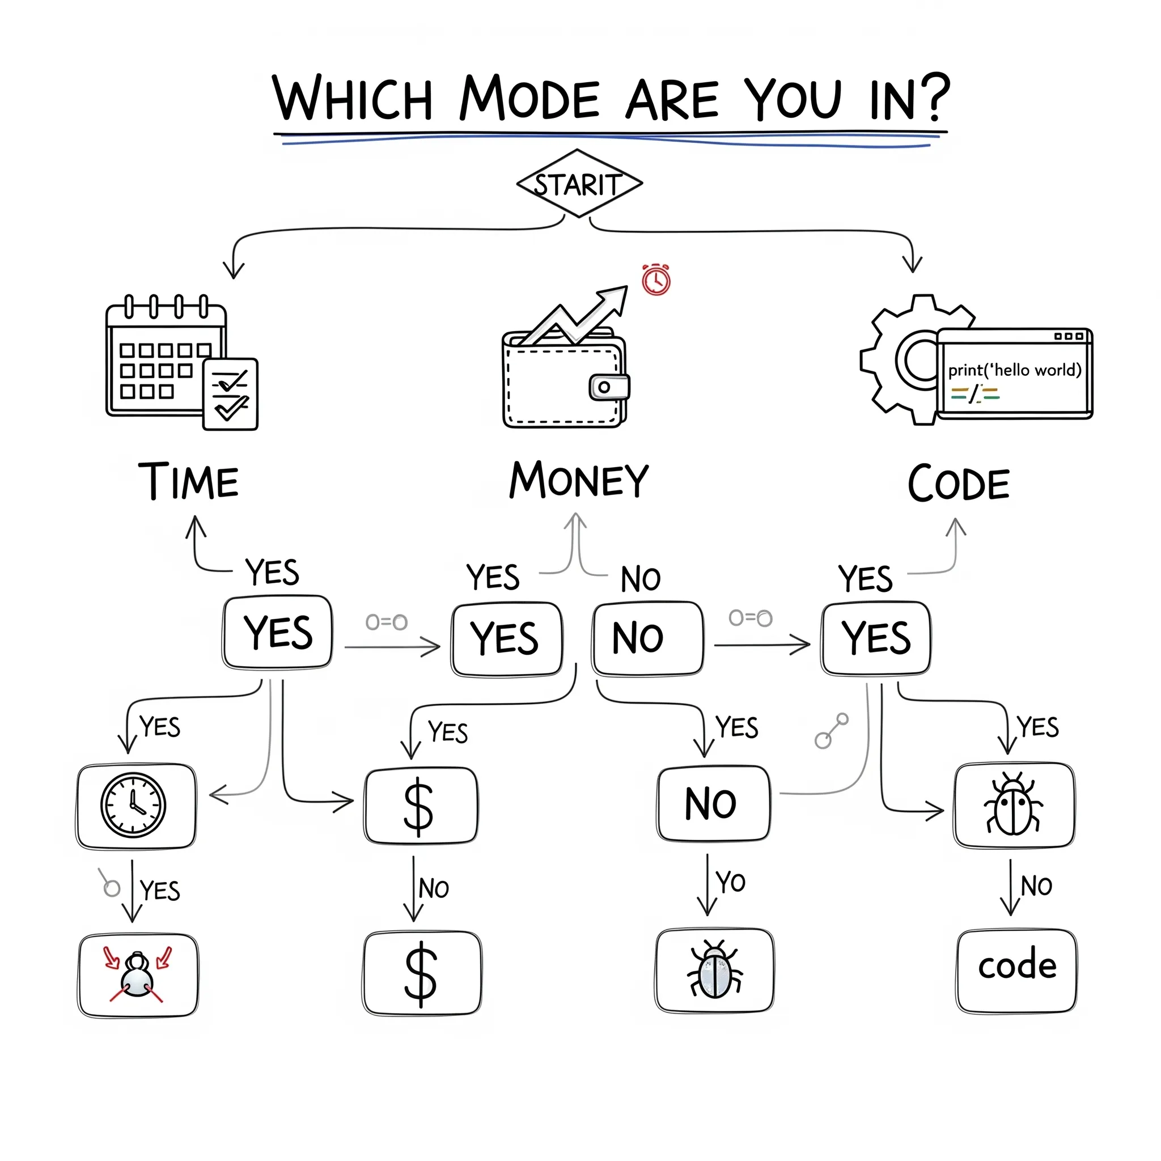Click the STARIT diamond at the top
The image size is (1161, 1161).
pyautogui.click(x=579, y=184)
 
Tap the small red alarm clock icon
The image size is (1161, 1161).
pyautogui.click(x=656, y=280)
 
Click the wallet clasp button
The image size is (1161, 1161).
pyautogui.click(x=608, y=387)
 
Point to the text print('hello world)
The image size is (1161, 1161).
pyautogui.click(x=1014, y=370)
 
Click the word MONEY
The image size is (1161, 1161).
pyautogui.click(x=579, y=481)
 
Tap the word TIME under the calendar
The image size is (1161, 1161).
pyautogui.click(x=188, y=482)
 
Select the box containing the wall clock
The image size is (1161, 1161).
pyautogui.click(x=136, y=806)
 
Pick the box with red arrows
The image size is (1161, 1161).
pyautogui.click(x=138, y=974)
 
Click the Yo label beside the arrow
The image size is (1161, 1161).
pyautogui.click(x=730, y=882)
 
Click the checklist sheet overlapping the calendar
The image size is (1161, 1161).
pyautogui.click(x=231, y=394)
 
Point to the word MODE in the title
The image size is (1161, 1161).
pyautogui.click(x=529, y=98)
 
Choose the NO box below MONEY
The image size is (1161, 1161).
pyautogui.click(x=647, y=638)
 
